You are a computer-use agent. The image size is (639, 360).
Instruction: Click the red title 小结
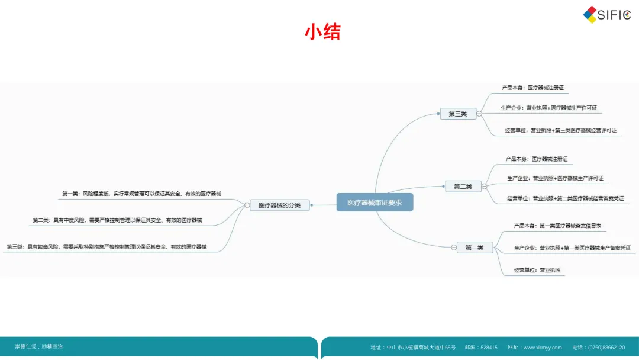click(322, 31)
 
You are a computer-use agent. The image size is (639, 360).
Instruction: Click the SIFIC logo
click(606, 15)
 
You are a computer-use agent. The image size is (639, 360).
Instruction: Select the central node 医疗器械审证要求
click(375, 202)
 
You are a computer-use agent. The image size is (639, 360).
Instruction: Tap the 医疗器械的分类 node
click(279, 205)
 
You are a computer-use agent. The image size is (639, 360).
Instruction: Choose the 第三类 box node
click(458, 114)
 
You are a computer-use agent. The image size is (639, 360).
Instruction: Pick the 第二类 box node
click(463, 187)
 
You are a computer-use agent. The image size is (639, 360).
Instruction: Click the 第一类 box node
click(474, 247)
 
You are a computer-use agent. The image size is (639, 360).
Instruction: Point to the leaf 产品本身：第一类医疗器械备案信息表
click(557, 226)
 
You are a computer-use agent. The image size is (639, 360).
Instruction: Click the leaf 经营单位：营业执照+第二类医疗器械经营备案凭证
click(565, 198)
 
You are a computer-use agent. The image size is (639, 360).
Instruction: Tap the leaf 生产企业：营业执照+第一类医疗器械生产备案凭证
click(572, 247)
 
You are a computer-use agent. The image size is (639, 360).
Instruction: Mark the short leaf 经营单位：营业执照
click(537, 270)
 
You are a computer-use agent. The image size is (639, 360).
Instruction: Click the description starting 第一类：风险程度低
click(146, 194)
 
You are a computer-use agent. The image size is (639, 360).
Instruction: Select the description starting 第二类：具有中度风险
click(117, 220)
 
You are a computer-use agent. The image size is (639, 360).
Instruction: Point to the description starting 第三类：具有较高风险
click(107, 246)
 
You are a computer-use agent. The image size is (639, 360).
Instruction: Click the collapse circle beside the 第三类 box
click(479, 114)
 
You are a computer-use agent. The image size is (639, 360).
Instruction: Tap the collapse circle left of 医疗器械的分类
click(247, 205)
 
